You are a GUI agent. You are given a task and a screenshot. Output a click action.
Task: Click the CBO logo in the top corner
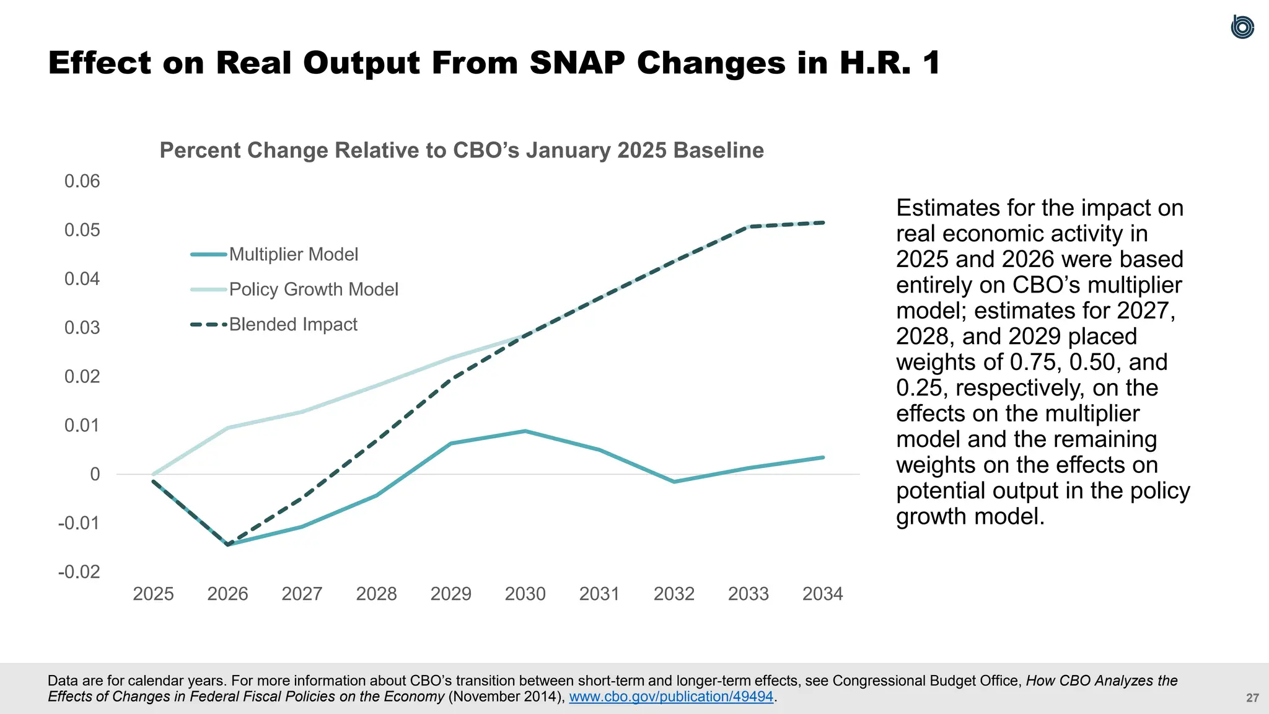point(1242,27)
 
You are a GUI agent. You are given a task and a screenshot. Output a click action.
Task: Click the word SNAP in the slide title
point(577,63)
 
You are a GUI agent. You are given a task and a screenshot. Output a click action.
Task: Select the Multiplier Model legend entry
point(293,255)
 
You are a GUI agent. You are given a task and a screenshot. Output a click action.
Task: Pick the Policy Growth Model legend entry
point(313,289)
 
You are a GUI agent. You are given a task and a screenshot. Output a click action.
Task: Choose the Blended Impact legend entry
point(292,325)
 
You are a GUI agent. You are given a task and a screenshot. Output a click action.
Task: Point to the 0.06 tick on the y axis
point(82,182)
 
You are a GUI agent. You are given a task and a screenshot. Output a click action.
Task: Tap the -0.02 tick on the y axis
point(79,572)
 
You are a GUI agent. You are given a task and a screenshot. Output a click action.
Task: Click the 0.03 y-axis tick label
point(82,328)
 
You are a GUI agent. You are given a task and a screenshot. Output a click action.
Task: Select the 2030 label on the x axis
point(525,594)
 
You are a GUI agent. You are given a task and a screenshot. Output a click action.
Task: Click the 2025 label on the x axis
point(153,594)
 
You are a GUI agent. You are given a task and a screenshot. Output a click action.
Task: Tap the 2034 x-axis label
point(822,594)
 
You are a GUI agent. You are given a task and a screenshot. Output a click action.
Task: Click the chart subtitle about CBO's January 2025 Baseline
point(462,151)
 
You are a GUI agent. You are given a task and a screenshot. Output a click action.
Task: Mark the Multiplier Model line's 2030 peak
point(525,431)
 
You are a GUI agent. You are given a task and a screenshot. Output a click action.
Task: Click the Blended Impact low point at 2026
point(228,545)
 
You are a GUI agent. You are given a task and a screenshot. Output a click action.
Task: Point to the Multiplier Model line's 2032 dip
point(674,482)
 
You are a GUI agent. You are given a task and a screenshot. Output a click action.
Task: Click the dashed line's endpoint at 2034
point(823,223)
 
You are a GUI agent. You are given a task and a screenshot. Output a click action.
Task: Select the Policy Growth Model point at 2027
point(302,412)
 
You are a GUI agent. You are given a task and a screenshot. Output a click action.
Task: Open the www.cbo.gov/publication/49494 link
point(671,697)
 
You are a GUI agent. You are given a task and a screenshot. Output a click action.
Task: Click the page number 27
point(1252,699)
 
